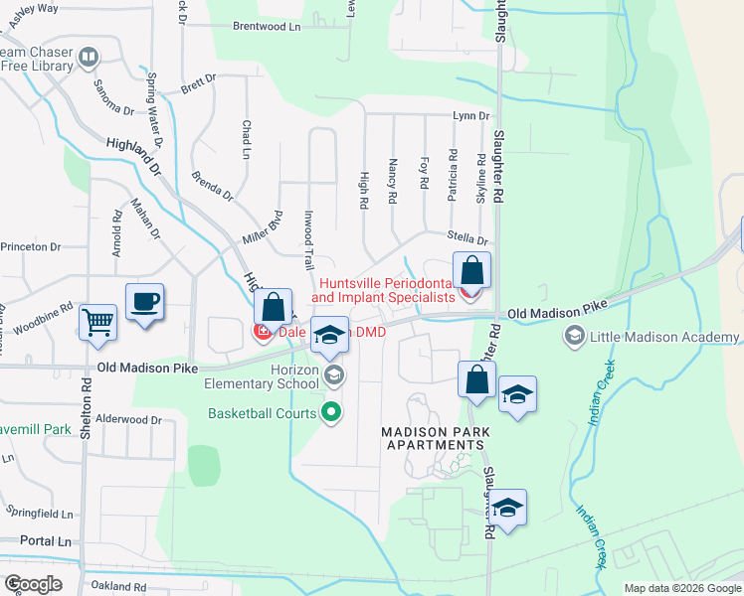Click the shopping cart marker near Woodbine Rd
pyautogui.click(x=97, y=320)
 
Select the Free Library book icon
pyautogui.click(x=89, y=59)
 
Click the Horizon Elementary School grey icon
pyautogui.click(x=334, y=374)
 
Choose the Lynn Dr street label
pyautogui.click(x=470, y=116)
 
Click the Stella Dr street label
pyautogui.click(x=467, y=239)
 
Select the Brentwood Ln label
pyautogui.click(x=266, y=27)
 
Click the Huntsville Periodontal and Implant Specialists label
pyautogui.click(x=384, y=289)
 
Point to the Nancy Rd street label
pyautogui.click(x=394, y=182)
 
